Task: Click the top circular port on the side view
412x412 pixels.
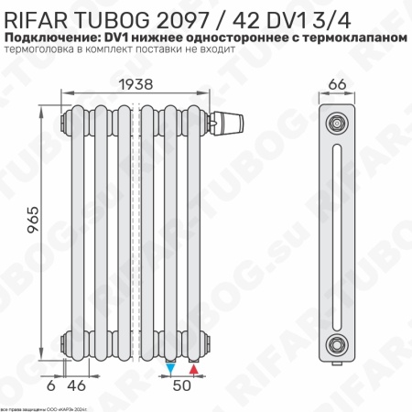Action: (x=338, y=123)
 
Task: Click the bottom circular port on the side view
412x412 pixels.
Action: (x=338, y=344)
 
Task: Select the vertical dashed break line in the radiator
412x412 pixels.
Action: (x=137, y=229)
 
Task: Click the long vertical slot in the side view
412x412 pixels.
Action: (x=338, y=233)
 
